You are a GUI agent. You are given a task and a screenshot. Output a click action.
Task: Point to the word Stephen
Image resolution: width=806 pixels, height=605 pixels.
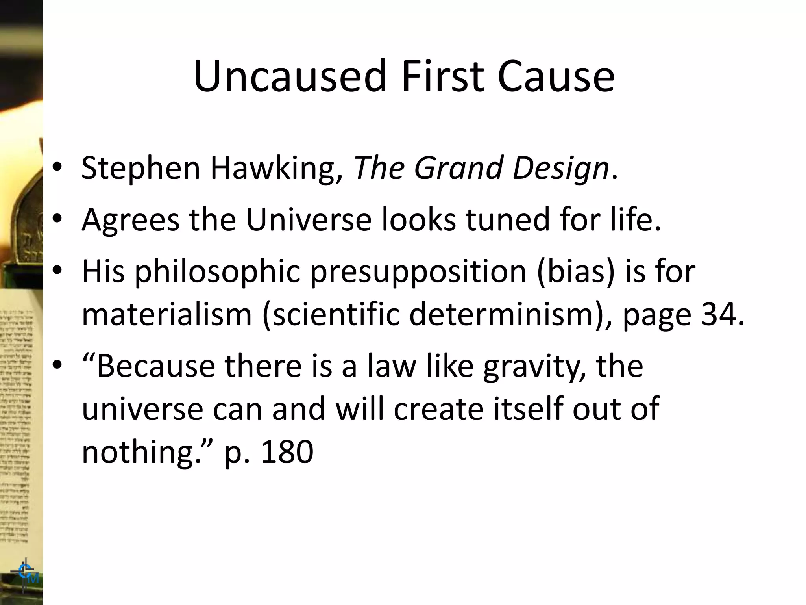(x=141, y=169)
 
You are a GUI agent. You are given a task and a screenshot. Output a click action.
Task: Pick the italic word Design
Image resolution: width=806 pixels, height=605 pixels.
(x=560, y=169)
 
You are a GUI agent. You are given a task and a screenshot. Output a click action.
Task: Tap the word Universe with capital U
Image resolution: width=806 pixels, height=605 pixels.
(x=309, y=219)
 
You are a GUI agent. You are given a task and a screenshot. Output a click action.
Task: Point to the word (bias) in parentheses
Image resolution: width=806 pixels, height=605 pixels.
(x=576, y=271)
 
